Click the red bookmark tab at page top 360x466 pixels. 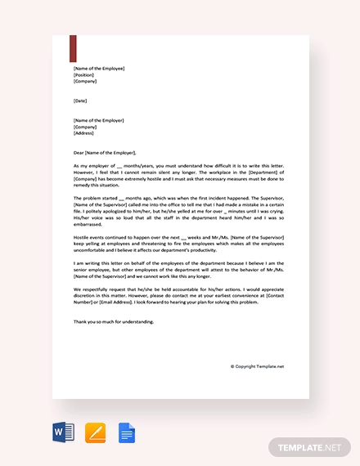[x=74, y=48]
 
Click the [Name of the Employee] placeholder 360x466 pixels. [x=99, y=69]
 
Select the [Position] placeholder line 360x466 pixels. [x=83, y=75]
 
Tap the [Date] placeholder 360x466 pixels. [x=79, y=101]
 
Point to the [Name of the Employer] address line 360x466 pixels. [x=98, y=120]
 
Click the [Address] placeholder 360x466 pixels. [x=84, y=133]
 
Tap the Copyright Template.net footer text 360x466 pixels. [x=257, y=367]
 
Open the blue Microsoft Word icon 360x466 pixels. [x=62, y=432]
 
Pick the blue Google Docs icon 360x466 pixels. [x=126, y=432]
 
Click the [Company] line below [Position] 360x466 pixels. [x=85, y=82]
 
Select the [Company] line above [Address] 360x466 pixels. [x=85, y=127]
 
